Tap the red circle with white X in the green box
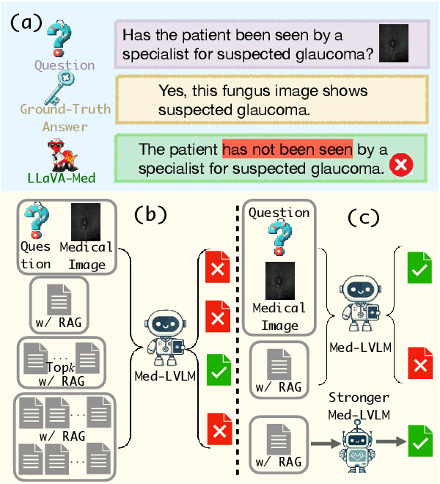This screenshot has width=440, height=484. (x=400, y=167)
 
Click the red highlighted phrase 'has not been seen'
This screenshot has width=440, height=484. (x=287, y=150)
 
